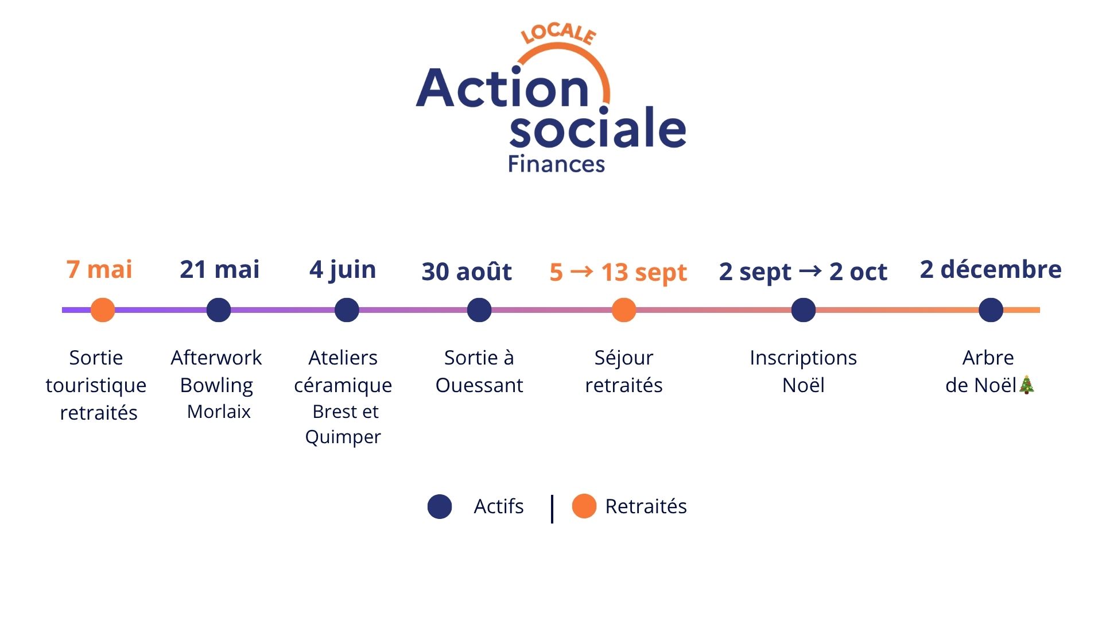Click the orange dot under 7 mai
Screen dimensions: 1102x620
pos(103,310)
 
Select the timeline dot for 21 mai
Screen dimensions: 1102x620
pos(219,310)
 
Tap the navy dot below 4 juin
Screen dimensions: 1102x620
pos(347,310)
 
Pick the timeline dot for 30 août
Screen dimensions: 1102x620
pos(479,310)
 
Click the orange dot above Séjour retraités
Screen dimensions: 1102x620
pos(624,310)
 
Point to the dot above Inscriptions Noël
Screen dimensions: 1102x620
pos(804,310)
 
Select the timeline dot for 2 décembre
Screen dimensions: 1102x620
pos(991,310)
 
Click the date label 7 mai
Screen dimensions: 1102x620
pos(99,269)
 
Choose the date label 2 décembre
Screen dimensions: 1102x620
pos(991,269)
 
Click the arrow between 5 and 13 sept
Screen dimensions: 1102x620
pos(582,271)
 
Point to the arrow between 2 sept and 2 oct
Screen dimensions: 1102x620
pos(810,270)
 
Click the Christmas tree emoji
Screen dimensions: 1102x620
pos(1026,385)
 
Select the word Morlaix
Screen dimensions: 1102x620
pos(219,412)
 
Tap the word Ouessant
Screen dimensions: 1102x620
pos(479,385)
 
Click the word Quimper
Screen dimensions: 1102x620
pos(343,437)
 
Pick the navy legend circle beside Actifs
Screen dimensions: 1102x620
pos(440,506)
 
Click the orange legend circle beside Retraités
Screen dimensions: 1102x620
pos(584,506)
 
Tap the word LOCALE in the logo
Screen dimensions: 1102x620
pos(558,34)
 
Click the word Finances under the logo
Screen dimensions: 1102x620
pos(557,164)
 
